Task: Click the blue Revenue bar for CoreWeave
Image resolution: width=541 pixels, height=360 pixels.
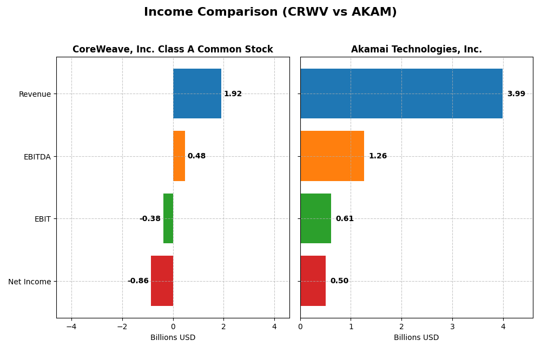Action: (x=197, y=94)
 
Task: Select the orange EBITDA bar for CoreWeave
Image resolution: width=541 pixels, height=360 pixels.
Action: (x=179, y=156)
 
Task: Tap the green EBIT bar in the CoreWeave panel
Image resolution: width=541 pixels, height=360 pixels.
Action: (x=168, y=218)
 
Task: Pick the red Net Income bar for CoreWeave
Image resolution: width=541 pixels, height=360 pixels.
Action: (x=162, y=281)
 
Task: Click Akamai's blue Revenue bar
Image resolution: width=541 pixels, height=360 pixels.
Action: (x=401, y=94)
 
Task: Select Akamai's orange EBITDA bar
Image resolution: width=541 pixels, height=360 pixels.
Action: (x=332, y=156)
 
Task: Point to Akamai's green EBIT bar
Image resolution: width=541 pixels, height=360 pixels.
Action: (x=315, y=218)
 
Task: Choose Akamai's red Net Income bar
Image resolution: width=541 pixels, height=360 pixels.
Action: (x=313, y=281)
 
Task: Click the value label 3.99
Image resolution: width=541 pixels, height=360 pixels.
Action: (x=516, y=94)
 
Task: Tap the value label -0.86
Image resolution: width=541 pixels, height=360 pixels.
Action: (x=138, y=281)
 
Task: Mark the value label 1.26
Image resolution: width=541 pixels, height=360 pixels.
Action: (x=378, y=156)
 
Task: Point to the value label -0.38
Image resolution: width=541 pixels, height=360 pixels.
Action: (x=150, y=219)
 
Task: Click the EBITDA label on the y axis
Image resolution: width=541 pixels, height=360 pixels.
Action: (x=37, y=157)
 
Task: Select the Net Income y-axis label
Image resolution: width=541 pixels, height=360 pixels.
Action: (x=29, y=282)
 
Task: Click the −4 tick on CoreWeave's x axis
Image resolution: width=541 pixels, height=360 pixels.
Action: (x=71, y=326)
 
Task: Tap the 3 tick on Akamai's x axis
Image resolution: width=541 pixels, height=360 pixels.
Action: (x=452, y=326)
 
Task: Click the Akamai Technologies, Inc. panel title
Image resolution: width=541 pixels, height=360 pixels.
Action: (x=416, y=50)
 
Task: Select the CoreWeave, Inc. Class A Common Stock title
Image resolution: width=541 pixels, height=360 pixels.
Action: (x=173, y=50)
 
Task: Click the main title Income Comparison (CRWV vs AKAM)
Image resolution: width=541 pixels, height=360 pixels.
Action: (x=270, y=12)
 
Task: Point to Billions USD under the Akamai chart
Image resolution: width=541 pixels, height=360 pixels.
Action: (x=416, y=338)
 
